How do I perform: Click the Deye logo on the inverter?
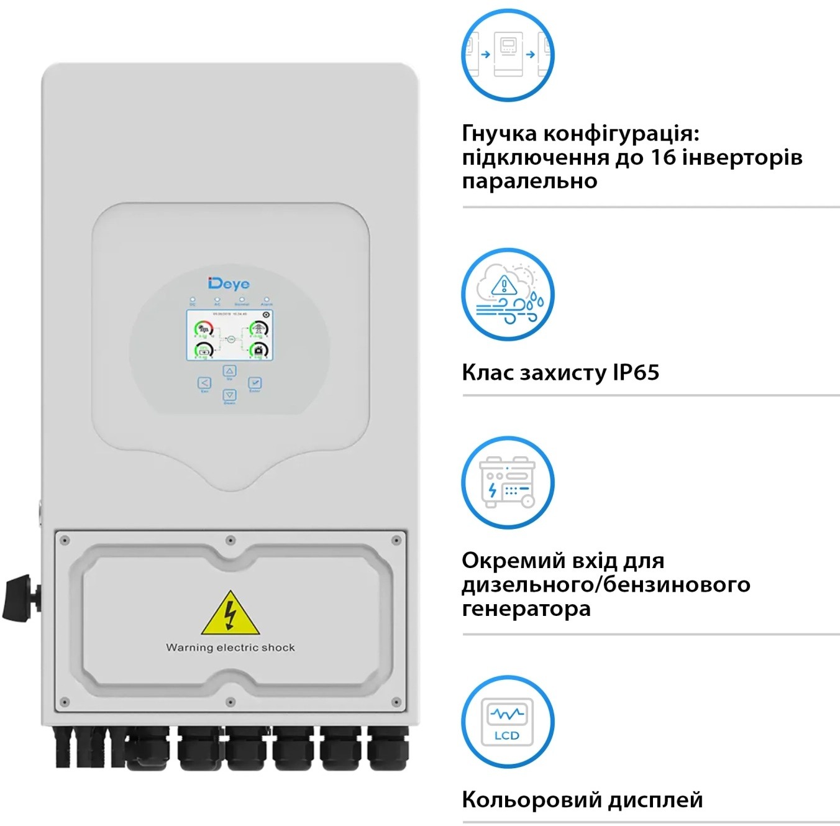[x=229, y=284]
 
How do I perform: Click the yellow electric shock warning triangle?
[x=231, y=614]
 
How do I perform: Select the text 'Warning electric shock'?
[x=231, y=648]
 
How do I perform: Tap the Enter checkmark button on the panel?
[x=255, y=383]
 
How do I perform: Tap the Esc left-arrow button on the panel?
[x=204, y=383]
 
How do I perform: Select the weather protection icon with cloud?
[x=508, y=295]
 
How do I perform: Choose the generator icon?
[x=508, y=482]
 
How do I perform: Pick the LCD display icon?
[x=508, y=722]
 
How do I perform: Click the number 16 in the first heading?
[x=663, y=157]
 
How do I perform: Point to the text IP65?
[x=636, y=372]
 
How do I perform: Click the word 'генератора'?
[x=526, y=608]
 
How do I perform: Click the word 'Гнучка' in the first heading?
[x=499, y=133]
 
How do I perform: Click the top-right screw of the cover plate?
[x=396, y=541]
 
